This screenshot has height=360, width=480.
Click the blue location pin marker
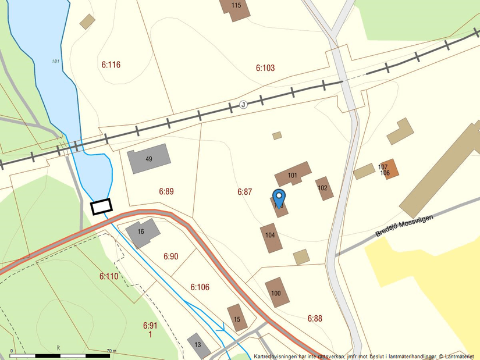(x=279, y=196)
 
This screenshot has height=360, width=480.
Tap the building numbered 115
(x=235, y=8)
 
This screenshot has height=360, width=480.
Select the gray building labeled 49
(x=150, y=158)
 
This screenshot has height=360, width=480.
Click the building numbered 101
(x=293, y=174)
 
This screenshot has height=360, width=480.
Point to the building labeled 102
(x=324, y=188)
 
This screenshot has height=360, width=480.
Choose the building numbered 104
(x=271, y=237)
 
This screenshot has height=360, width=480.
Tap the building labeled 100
(x=277, y=293)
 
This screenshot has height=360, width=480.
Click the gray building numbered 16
(x=143, y=232)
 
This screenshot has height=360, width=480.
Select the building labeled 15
(x=237, y=318)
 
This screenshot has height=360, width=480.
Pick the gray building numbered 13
(x=199, y=345)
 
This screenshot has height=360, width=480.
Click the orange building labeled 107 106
(x=389, y=169)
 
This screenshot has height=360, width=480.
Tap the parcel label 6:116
(x=111, y=65)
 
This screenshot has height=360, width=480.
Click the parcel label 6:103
(x=265, y=68)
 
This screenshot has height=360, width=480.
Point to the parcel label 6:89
(x=166, y=191)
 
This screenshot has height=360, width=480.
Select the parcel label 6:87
(x=244, y=191)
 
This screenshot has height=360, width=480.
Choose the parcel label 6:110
(x=109, y=276)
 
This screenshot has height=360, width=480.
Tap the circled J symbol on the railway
(x=243, y=105)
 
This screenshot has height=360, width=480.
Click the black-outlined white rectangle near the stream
(x=101, y=206)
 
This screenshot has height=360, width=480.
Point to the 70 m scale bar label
(x=112, y=351)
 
